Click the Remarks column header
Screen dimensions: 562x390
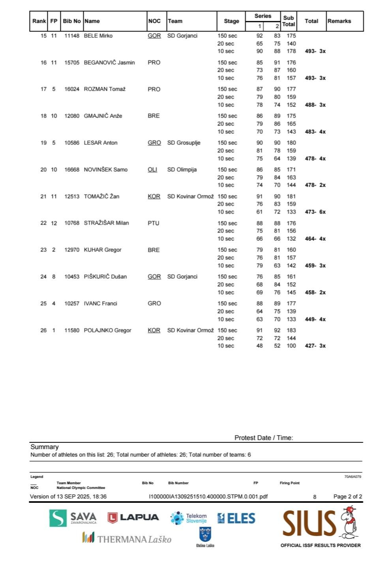coord(339,21)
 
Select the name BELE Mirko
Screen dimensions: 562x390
coord(98,36)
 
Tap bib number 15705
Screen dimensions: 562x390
coord(72,63)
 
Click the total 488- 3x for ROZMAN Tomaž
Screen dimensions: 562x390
coord(315,105)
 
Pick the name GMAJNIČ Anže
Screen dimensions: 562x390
coord(103,116)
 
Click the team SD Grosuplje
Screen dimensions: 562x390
coord(184,143)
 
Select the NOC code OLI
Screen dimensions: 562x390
coord(152,170)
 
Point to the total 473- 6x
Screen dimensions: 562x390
coord(315,212)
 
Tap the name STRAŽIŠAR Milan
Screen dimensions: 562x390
coord(106,223)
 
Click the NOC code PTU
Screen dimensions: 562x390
coord(154,223)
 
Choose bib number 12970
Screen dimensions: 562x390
coord(72,250)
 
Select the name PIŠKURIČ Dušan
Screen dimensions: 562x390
coord(105,277)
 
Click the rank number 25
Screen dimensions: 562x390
coord(43,303)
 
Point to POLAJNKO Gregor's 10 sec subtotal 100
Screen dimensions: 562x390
coord(291,346)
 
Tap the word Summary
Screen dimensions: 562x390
coord(45,447)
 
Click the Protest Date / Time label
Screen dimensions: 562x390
coord(264,438)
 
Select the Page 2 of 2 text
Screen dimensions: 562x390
coord(347,496)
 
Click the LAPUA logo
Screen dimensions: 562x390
coord(133,517)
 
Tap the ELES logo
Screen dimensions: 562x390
coord(236,518)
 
